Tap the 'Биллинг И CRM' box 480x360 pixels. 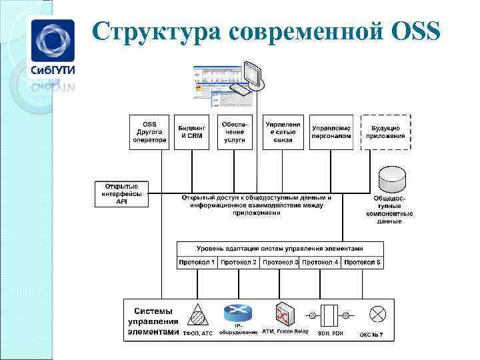(192, 131)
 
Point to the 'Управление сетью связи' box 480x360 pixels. (283, 131)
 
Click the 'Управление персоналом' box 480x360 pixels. (331, 131)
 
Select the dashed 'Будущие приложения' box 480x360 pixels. (386, 131)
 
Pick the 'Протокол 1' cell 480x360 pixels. (197, 263)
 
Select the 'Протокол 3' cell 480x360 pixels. (280, 263)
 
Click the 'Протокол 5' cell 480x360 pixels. (363, 263)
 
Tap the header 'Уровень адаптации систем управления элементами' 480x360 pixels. (280, 247)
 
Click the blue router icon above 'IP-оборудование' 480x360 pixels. (235, 312)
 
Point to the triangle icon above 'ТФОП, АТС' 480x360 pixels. (198, 314)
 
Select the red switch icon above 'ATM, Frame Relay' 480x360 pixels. (284, 313)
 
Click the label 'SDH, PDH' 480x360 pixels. (330, 333)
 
